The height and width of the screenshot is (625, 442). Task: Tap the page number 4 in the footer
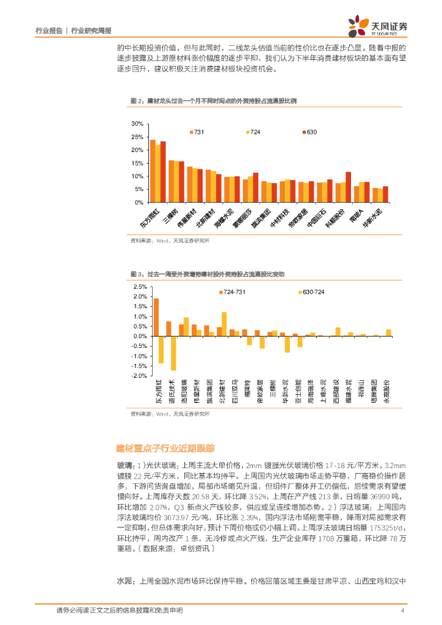pyautogui.click(x=402, y=610)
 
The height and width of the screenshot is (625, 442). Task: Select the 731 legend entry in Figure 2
pyautogui.click(x=197, y=132)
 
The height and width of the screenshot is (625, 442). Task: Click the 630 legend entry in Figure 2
pyautogui.click(x=309, y=132)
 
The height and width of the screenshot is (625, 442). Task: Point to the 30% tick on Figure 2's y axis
pyautogui.click(x=137, y=124)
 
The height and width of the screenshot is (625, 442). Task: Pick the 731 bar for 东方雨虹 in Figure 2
pyautogui.click(x=153, y=171)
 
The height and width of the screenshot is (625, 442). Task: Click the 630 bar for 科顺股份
pyautogui.click(x=348, y=187)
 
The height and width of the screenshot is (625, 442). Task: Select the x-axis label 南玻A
pyautogui.click(x=360, y=215)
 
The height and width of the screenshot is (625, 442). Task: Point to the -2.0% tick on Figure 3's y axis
pyautogui.click(x=139, y=376)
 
